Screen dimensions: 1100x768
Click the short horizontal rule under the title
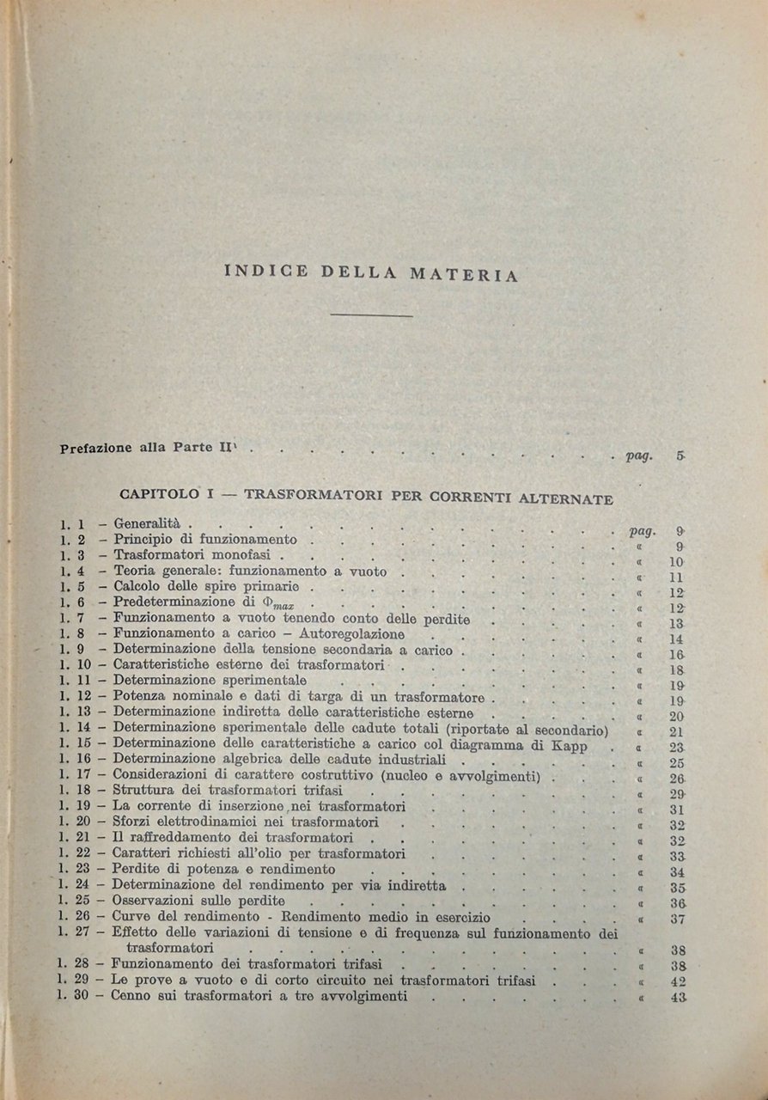(371, 317)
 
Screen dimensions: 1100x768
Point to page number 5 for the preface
(680, 456)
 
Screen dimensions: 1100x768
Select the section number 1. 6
(73, 602)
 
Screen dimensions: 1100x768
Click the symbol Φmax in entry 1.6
(276, 604)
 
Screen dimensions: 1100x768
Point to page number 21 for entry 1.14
(676, 731)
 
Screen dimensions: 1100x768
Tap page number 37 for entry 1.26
(676, 920)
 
